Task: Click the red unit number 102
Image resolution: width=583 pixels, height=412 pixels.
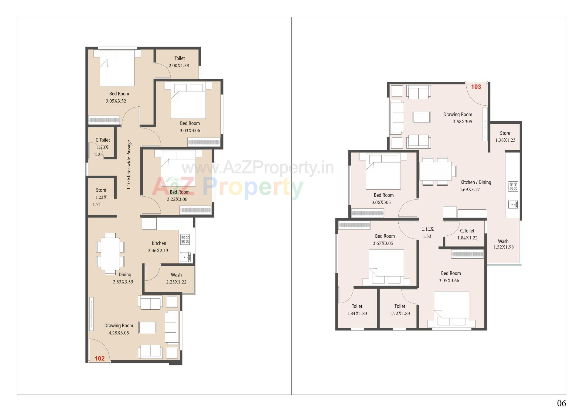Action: click(100, 358)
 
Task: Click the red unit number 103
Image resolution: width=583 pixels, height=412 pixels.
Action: click(476, 87)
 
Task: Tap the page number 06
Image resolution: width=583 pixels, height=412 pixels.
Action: click(561, 403)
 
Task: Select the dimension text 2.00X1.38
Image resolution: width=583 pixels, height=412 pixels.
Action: click(179, 66)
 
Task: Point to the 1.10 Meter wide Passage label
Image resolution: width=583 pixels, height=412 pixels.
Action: click(129, 165)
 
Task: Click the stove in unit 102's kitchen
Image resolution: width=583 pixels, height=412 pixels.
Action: click(185, 239)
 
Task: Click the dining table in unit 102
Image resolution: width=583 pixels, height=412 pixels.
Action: click(110, 254)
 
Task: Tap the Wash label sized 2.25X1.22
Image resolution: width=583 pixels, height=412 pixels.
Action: click(176, 275)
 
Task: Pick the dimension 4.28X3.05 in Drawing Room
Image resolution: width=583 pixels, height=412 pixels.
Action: click(119, 333)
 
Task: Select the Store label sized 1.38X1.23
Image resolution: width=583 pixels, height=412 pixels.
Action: click(505, 133)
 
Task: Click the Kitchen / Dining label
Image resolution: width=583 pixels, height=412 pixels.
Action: click(476, 182)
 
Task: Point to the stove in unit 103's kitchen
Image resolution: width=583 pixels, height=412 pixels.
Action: click(513, 186)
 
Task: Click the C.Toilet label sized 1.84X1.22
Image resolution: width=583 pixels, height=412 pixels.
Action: click(467, 231)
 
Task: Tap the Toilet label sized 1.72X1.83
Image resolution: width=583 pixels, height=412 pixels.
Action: click(400, 306)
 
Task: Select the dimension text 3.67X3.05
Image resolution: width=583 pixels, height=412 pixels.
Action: click(383, 243)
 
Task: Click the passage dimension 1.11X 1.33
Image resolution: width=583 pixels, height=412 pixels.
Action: click(427, 232)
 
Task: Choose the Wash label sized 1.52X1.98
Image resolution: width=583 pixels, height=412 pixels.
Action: click(503, 241)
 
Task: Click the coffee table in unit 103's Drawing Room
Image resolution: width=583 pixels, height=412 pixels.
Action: click(421, 117)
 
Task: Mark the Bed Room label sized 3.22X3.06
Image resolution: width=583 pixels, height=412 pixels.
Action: click(179, 192)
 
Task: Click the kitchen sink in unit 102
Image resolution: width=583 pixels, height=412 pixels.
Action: click(185, 257)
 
